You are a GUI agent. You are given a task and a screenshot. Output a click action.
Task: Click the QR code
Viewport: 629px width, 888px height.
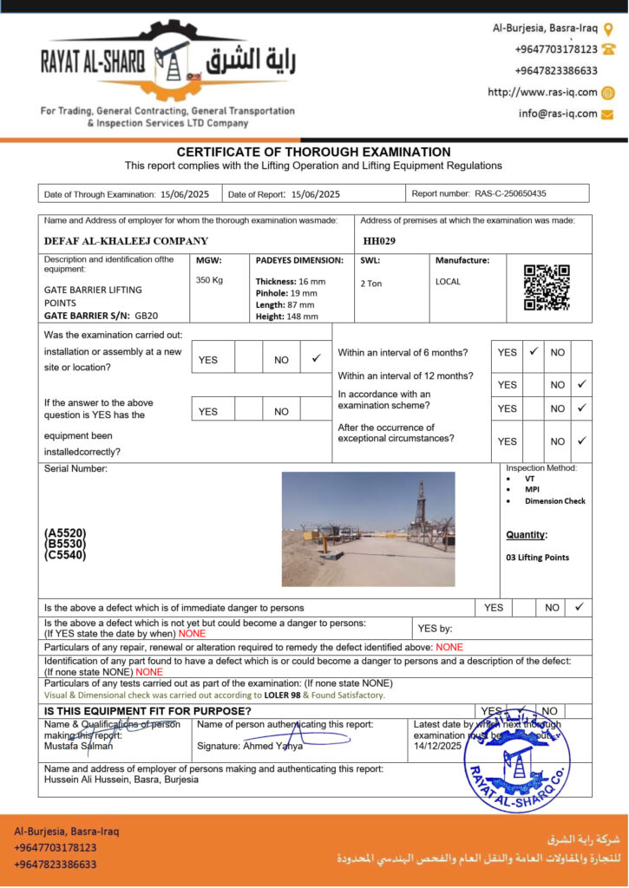[547, 287]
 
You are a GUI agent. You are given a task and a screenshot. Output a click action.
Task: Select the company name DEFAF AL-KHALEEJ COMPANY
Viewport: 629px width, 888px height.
[126, 241]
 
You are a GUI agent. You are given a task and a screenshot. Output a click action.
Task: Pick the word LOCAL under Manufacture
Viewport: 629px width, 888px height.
[448, 281]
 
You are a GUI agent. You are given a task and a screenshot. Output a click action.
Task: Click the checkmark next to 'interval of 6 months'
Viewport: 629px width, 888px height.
[534, 351]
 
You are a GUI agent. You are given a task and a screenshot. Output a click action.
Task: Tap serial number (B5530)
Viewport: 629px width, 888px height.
[65, 544]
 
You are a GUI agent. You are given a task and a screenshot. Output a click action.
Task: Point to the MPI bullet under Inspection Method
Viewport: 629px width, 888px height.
[532, 489]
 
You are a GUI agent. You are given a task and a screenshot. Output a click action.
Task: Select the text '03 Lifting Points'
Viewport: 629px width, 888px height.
[537, 558]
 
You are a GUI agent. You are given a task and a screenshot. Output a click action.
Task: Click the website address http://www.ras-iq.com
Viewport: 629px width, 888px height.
[542, 93]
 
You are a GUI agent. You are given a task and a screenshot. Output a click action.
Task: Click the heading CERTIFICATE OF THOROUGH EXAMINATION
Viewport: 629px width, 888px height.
[313, 152]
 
